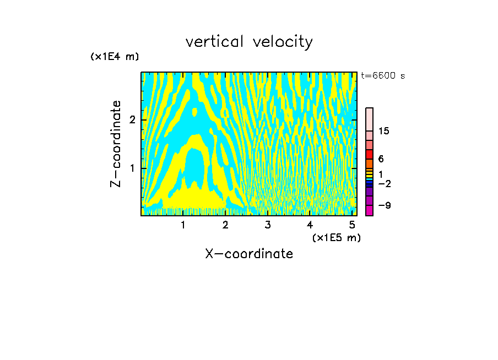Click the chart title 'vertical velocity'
(x=249, y=42)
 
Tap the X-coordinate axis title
(x=249, y=254)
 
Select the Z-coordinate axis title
(x=116, y=144)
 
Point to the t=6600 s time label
(x=383, y=76)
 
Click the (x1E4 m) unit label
(x=115, y=57)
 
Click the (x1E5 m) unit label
(x=336, y=238)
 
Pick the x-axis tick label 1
(x=183, y=225)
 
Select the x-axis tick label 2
(x=225, y=225)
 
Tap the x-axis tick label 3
(x=268, y=225)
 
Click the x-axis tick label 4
(x=310, y=225)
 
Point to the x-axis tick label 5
(x=352, y=225)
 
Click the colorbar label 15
(x=384, y=131)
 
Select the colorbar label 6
(x=381, y=159)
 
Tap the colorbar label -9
(x=384, y=205)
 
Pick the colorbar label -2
(x=384, y=184)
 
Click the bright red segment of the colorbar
(x=369, y=155)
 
